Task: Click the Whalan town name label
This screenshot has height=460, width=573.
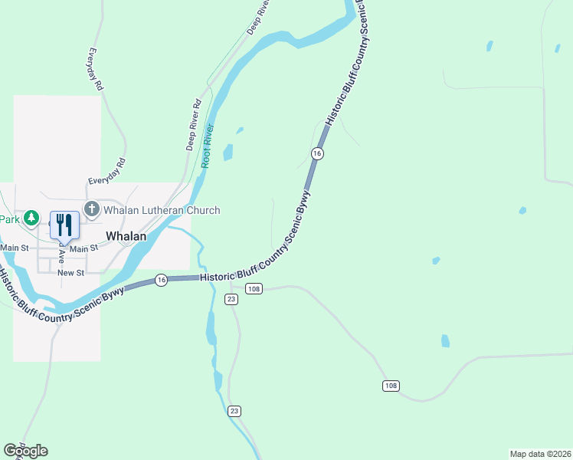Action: (x=126, y=236)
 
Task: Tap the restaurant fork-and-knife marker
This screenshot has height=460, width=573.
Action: (x=64, y=225)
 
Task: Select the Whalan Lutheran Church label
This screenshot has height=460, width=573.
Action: (x=162, y=210)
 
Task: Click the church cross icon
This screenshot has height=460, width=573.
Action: (x=91, y=209)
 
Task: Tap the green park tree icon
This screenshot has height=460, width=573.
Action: (x=31, y=219)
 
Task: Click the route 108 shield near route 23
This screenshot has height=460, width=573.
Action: (x=254, y=288)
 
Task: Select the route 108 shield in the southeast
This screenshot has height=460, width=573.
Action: (x=391, y=386)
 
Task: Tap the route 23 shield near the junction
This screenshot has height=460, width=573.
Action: (x=232, y=299)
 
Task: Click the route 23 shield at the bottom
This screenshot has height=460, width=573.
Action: (x=234, y=411)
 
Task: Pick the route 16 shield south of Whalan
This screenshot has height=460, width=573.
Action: (x=160, y=281)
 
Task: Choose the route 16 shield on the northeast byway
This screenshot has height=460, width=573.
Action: (x=317, y=154)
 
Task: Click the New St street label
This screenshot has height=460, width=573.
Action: (x=70, y=273)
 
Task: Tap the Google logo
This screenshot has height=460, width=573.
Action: (x=25, y=451)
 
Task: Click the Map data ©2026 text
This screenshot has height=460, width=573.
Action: (x=541, y=454)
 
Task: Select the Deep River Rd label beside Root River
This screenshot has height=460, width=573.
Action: (x=192, y=125)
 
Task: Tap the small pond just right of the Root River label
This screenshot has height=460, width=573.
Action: (x=228, y=152)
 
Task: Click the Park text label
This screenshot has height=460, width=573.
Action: (x=9, y=219)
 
